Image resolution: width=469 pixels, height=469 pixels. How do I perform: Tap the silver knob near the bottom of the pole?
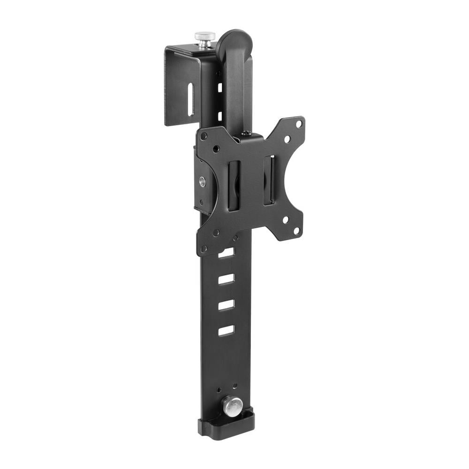[x=232, y=405]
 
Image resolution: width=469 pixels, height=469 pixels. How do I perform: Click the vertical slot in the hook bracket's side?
[x=190, y=100]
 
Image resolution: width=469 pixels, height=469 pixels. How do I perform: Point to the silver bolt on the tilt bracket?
[x=202, y=182]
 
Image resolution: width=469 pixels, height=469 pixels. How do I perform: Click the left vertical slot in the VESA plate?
[x=234, y=185]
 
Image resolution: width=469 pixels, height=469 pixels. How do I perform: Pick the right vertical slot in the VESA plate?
[x=268, y=180]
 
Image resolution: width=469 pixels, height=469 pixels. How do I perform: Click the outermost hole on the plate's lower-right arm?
[x=296, y=230]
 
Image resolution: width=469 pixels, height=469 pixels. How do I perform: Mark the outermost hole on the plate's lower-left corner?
[x=204, y=249]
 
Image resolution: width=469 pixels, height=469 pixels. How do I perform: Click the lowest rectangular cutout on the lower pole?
[x=226, y=330]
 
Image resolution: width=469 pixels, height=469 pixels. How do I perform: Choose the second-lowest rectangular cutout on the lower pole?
[x=226, y=305]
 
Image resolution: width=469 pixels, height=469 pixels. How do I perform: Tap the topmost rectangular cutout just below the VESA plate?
[x=226, y=253]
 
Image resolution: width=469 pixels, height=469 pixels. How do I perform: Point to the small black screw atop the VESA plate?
[x=247, y=134]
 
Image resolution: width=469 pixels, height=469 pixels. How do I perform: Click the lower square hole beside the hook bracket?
[x=219, y=115]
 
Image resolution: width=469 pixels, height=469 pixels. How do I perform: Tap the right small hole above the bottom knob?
[x=235, y=386]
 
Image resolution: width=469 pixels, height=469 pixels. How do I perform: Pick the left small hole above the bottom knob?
[x=219, y=389]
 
